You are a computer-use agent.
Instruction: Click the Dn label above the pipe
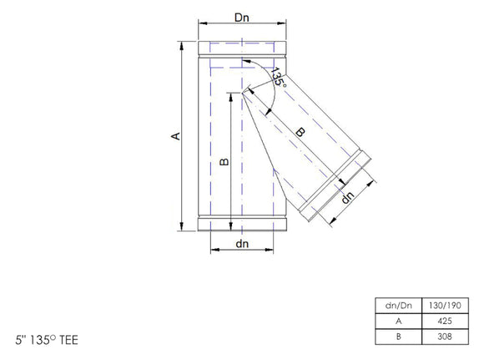(243, 18)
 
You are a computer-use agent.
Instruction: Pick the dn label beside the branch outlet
(349, 197)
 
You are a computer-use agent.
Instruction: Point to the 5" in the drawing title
(20, 341)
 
